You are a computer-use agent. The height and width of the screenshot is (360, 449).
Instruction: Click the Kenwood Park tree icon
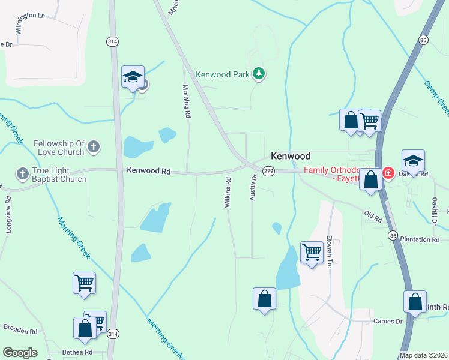259,74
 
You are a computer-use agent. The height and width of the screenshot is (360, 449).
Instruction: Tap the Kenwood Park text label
222,74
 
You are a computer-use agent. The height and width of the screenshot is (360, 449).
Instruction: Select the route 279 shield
268,172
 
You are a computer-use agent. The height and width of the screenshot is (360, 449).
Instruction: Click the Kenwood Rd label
149,171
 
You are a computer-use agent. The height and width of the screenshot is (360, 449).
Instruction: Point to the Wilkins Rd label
228,193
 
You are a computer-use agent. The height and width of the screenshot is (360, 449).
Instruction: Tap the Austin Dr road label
253,188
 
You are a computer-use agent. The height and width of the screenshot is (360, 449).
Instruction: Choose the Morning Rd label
187,101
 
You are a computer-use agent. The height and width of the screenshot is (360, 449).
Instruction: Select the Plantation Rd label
419,239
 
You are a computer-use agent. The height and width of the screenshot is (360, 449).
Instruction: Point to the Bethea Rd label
79,352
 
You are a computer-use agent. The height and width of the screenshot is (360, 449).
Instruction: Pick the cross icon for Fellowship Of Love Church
93,146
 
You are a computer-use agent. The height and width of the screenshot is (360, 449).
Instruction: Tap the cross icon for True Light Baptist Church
22,173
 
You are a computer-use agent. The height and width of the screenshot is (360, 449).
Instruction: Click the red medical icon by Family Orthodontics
388,173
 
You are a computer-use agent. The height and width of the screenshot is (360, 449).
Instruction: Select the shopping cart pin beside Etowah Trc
312,252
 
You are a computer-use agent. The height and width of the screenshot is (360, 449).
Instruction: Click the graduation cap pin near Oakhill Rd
413,161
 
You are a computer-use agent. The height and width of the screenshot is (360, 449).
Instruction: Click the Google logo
20,353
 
